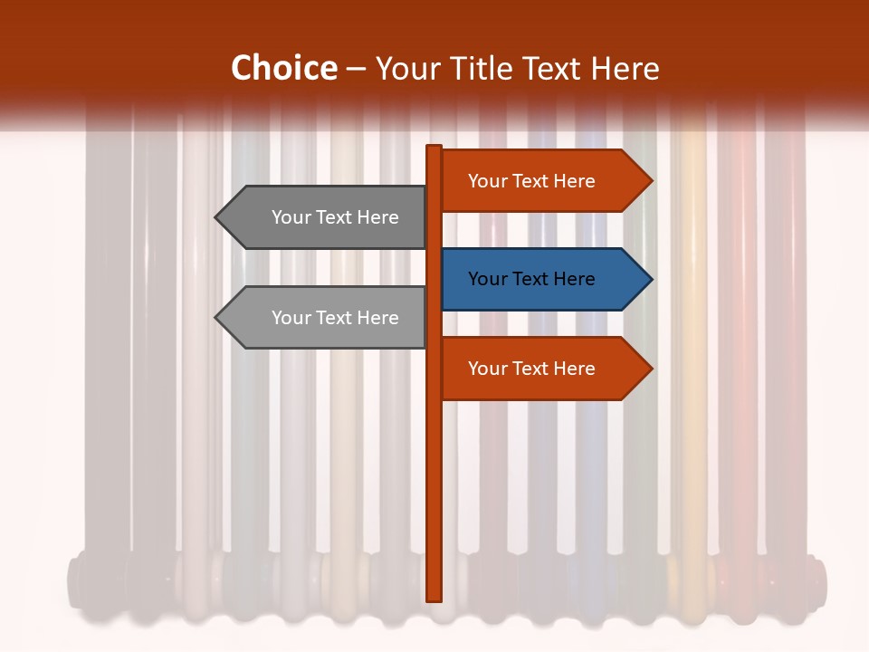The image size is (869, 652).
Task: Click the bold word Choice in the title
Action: [283, 68]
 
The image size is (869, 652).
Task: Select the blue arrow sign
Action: [543, 279]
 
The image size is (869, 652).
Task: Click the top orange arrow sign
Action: [543, 181]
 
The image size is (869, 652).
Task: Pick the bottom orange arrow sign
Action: [543, 369]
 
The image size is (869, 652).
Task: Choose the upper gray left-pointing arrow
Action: [326, 217]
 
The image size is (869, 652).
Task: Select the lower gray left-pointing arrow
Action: [326, 318]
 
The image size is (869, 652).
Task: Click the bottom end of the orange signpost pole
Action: [434, 597]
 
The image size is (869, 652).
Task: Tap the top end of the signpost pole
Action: [434, 149]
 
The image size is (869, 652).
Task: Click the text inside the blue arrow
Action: [531, 279]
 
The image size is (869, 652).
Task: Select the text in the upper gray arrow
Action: [335, 217]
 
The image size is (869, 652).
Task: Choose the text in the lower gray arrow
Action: [335, 318]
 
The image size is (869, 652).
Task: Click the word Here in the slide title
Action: [625, 69]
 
